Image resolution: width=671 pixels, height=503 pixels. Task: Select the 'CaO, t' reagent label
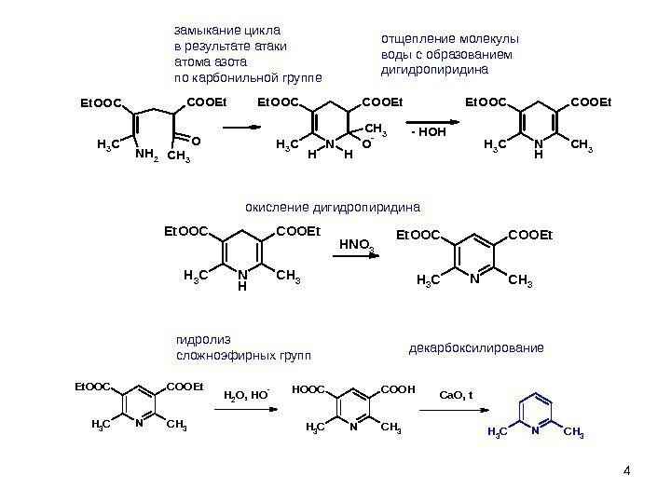click(x=457, y=394)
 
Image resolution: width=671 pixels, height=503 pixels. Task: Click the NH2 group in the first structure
click(x=147, y=156)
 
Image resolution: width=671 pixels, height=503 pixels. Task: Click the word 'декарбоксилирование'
click(x=476, y=348)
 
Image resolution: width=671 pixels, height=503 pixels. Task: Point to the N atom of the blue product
click(x=536, y=431)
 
